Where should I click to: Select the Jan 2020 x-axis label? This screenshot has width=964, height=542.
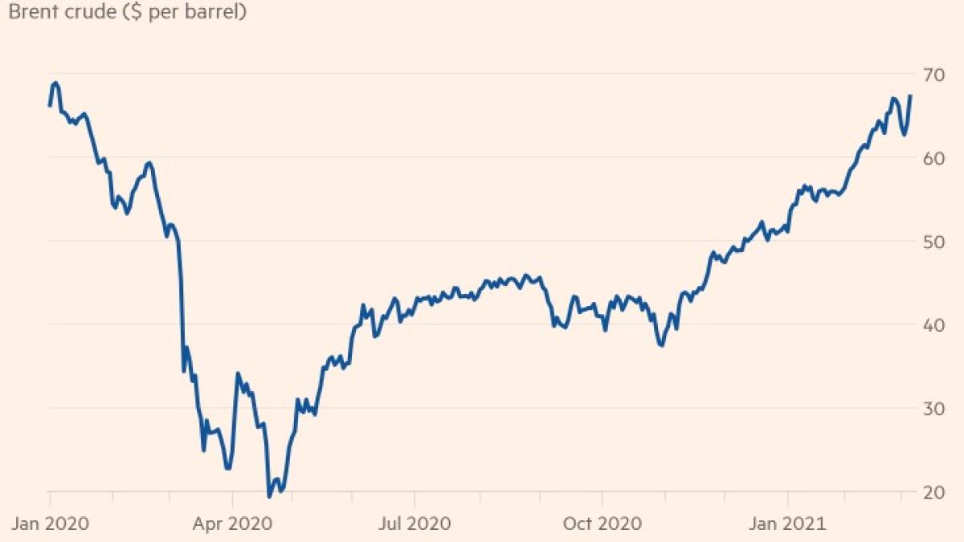50,524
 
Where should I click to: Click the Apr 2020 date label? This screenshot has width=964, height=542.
233,524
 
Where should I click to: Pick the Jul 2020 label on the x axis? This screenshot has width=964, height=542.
413,524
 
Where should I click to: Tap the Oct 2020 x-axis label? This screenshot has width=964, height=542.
602,524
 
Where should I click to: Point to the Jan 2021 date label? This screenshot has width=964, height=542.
787,524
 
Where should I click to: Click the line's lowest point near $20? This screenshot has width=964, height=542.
269,496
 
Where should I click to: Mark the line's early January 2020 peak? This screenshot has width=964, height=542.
55,83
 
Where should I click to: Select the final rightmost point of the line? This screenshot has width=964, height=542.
910,96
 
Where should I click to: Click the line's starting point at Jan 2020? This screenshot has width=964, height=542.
50,105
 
